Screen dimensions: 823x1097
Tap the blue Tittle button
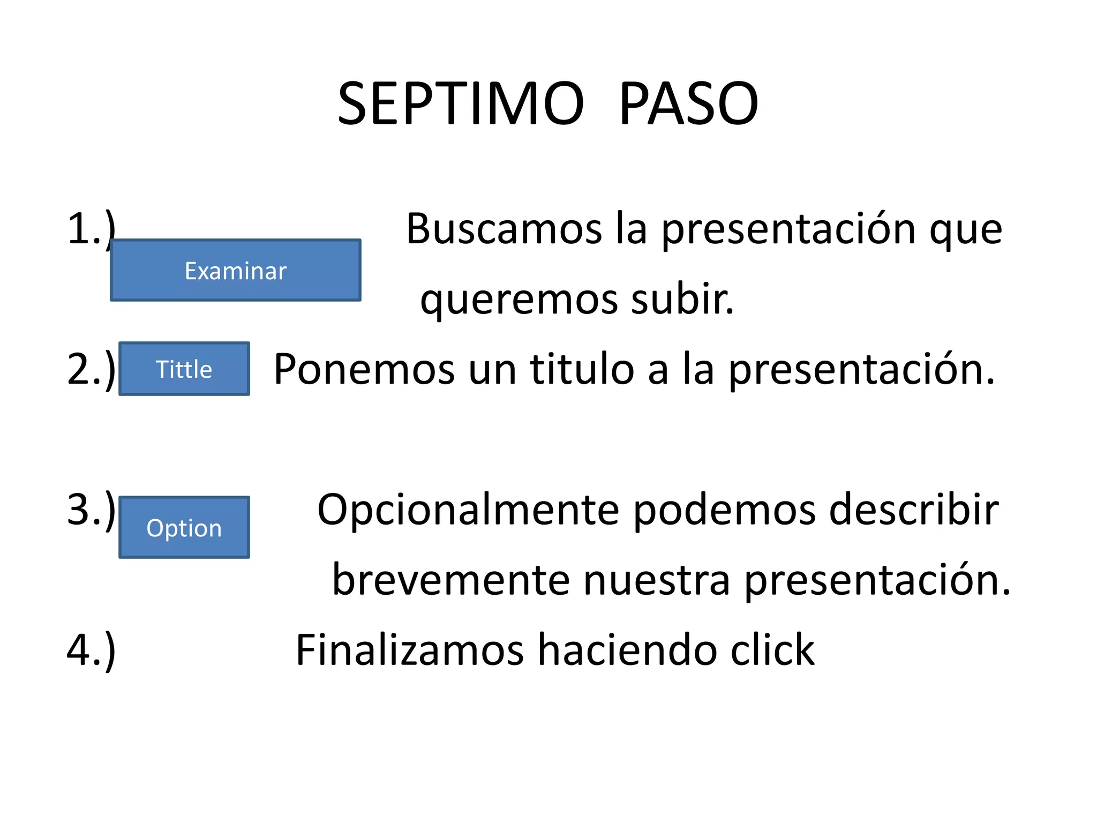[x=184, y=369]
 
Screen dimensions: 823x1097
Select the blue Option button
[x=184, y=528]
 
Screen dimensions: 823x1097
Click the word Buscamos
[x=504, y=229]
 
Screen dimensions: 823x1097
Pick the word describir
[x=914, y=510]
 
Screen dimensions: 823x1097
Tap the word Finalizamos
[x=410, y=650]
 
